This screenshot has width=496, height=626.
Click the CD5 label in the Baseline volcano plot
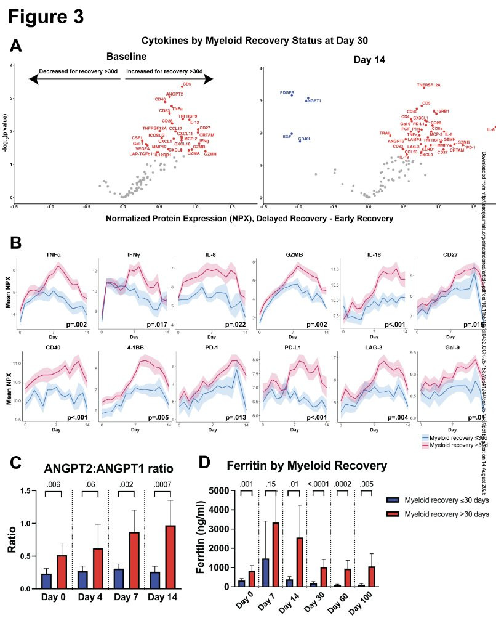(187, 84)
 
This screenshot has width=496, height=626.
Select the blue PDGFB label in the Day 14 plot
(287, 92)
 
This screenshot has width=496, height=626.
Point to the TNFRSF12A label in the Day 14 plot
(428, 85)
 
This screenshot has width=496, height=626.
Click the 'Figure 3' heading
(46, 17)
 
